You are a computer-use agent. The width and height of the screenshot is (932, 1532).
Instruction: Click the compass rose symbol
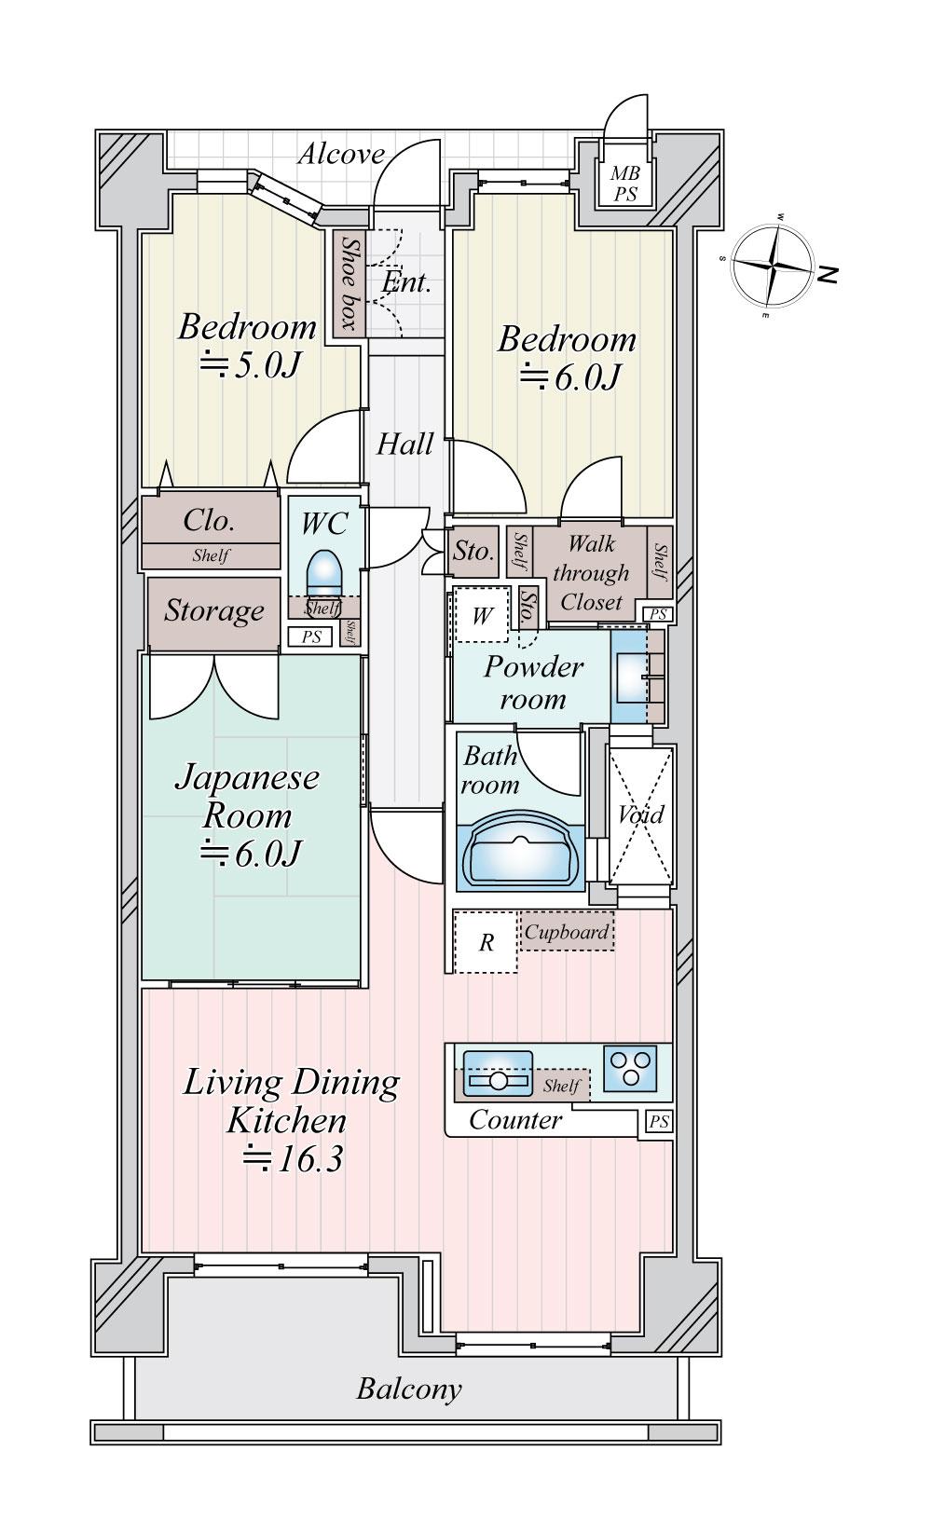(x=772, y=265)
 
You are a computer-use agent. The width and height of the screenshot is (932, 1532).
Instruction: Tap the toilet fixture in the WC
(x=324, y=570)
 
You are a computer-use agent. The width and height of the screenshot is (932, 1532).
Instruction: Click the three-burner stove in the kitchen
(x=630, y=1068)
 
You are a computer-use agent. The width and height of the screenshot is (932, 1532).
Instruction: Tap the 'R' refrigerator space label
(x=486, y=943)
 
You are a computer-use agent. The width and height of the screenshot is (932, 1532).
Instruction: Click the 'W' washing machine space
(x=482, y=615)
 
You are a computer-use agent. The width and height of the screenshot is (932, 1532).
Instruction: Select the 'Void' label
(x=640, y=814)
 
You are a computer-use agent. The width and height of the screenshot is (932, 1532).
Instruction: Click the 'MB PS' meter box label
(x=625, y=185)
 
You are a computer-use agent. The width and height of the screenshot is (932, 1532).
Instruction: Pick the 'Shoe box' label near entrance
(x=349, y=282)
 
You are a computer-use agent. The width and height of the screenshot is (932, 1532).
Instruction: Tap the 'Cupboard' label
(x=567, y=932)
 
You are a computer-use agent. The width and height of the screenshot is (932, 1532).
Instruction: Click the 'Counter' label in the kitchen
(x=515, y=1120)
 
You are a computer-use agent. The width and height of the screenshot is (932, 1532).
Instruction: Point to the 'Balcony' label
(x=409, y=1389)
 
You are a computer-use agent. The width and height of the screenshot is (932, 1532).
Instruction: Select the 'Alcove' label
(x=341, y=154)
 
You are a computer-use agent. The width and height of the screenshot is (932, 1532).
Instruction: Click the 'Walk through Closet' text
(x=590, y=572)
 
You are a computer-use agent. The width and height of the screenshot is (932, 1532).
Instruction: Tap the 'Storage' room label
(x=214, y=611)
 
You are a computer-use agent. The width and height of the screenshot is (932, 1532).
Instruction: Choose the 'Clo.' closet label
(x=209, y=520)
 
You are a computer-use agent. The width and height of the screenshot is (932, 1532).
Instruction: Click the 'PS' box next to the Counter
(x=658, y=1122)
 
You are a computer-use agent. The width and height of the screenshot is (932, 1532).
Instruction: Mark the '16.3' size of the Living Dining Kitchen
(x=308, y=1160)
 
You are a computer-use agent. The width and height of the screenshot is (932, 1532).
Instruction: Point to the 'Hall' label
(x=404, y=444)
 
